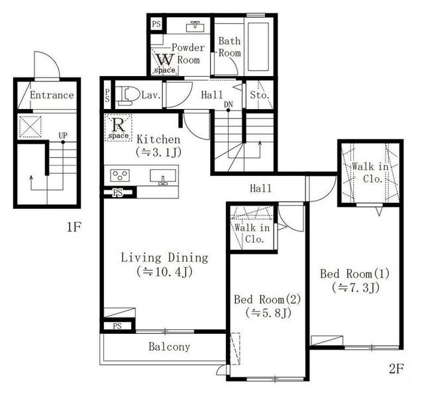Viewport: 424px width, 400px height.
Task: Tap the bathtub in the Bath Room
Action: point(258,47)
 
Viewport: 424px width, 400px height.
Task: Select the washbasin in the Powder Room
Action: point(194,26)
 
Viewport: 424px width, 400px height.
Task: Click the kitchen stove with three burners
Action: point(120,175)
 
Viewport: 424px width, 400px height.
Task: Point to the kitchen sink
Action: point(163,177)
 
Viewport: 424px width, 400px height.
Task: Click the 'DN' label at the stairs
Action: point(228,104)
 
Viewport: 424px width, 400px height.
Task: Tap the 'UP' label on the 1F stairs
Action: point(63,136)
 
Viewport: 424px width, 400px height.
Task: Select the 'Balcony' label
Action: point(170,346)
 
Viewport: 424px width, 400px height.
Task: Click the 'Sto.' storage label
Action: point(260,95)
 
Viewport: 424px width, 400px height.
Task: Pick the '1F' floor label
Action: point(74,227)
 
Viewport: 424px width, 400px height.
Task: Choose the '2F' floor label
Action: point(396,369)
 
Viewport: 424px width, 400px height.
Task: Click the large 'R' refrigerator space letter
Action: point(118,125)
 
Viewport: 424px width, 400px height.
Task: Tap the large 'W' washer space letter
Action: point(165,60)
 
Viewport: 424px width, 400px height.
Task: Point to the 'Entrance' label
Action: point(52,95)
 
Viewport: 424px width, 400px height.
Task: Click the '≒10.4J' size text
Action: point(164,272)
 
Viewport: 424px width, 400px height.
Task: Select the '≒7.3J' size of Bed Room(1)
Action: point(356,288)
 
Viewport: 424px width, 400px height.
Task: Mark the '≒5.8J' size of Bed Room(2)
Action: point(268,313)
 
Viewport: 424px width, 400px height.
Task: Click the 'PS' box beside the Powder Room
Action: point(156,24)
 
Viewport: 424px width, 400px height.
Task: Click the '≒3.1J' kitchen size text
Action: point(158,152)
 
